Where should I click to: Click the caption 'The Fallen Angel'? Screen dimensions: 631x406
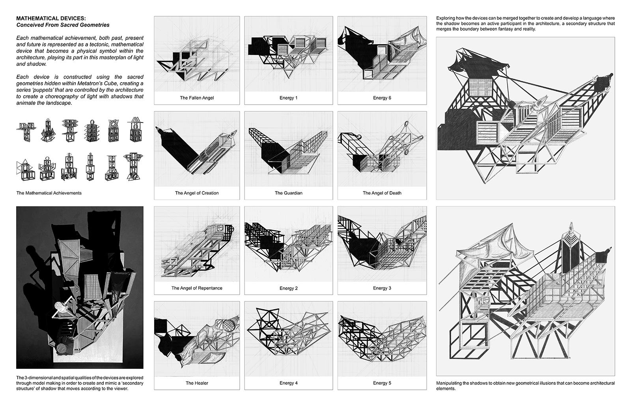click(197, 98)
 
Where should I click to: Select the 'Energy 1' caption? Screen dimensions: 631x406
click(288, 98)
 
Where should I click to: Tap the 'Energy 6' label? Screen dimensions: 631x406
click(382, 98)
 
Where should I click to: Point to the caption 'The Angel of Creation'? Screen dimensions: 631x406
click(197, 193)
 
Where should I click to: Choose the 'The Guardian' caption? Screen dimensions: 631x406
click(288, 193)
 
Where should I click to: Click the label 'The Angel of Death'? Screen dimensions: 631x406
click(382, 193)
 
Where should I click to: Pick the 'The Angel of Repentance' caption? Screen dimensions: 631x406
click(197, 288)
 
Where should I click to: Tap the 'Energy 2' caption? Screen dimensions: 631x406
click(288, 288)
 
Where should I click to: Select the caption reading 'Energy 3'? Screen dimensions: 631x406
click(382, 288)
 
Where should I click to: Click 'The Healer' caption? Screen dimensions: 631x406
click(197, 383)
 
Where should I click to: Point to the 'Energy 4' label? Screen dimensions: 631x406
click(288, 383)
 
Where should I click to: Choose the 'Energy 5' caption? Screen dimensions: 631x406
click(382, 383)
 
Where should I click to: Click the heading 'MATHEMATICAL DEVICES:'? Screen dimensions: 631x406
click(51, 18)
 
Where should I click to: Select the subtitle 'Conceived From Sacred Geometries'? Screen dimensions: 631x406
click(63, 25)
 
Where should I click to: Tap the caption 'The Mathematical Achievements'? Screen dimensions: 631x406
click(49, 193)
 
